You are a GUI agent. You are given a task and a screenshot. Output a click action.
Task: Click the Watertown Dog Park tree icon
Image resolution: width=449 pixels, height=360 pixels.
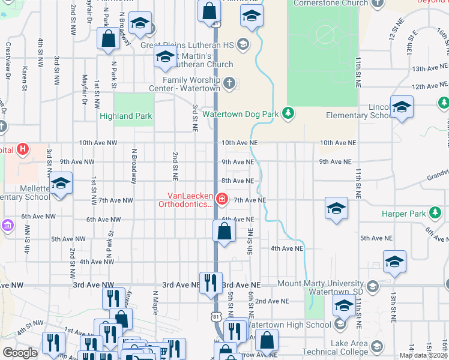tap(289, 113)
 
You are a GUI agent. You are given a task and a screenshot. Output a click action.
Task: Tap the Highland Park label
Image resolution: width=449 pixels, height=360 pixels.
tap(126, 116)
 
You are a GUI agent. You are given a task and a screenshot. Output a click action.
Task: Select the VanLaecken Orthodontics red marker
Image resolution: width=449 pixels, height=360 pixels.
tap(222, 198)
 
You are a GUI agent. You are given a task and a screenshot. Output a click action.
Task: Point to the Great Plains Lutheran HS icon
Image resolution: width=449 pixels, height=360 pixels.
tap(243, 44)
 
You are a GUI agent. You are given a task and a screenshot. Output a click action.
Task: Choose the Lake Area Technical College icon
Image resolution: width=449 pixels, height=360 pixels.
tap(376, 346)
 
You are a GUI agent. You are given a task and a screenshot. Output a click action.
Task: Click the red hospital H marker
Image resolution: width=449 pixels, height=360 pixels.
tap(23, 149)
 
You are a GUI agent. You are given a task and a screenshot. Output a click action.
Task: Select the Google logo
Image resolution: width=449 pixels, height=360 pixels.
tap(20, 352)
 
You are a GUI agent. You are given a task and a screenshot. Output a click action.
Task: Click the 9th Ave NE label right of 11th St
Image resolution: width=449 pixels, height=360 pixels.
tap(335, 162)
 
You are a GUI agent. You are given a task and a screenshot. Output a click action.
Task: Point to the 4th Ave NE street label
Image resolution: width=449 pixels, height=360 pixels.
tap(287, 248)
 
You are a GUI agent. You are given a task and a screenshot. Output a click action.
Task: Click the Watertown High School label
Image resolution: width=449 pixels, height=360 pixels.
tap(291, 325)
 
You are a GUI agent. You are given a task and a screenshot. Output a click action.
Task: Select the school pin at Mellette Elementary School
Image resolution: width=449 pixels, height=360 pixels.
tap(60, 184)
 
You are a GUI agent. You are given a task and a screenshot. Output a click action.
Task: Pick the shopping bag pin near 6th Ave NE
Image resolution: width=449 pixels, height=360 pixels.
tap(224, 231)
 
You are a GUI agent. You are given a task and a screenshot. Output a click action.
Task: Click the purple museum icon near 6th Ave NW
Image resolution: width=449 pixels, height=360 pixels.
tap(7, 225)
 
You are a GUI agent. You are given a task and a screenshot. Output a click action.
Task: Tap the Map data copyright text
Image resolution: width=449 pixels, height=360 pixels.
tap(424, 355)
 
